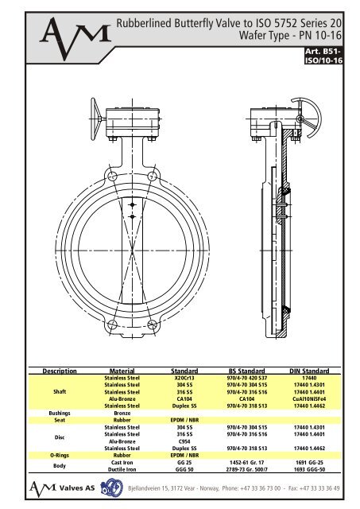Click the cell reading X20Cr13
tap(184, 378)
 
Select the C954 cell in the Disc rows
tap(184, 441)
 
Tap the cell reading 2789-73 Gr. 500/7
tap(250, 469)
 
